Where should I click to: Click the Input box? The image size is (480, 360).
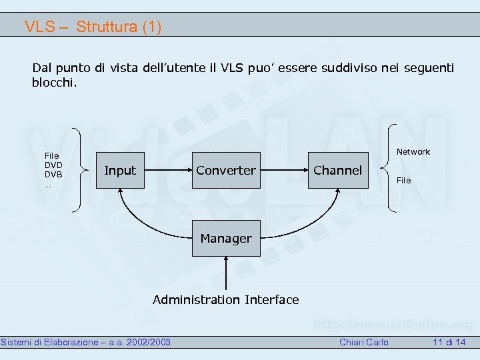point(120,171)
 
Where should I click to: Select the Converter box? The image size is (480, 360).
point(226,171)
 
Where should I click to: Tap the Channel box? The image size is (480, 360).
point(337,171)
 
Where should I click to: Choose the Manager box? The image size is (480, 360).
point(226,238)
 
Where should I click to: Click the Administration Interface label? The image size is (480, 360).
point(226,300)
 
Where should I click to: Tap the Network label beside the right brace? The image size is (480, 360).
point(413,152)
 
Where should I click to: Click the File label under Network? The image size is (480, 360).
point(404,181)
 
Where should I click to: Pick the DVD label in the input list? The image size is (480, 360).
point(53,165)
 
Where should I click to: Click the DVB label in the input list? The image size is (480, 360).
point(53,174)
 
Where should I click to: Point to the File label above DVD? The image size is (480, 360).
point(51,155)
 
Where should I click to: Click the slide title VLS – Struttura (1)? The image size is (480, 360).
point(93,27)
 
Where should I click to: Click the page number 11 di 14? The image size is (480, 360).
point(449,343)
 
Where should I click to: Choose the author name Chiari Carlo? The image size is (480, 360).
point(364,343)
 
